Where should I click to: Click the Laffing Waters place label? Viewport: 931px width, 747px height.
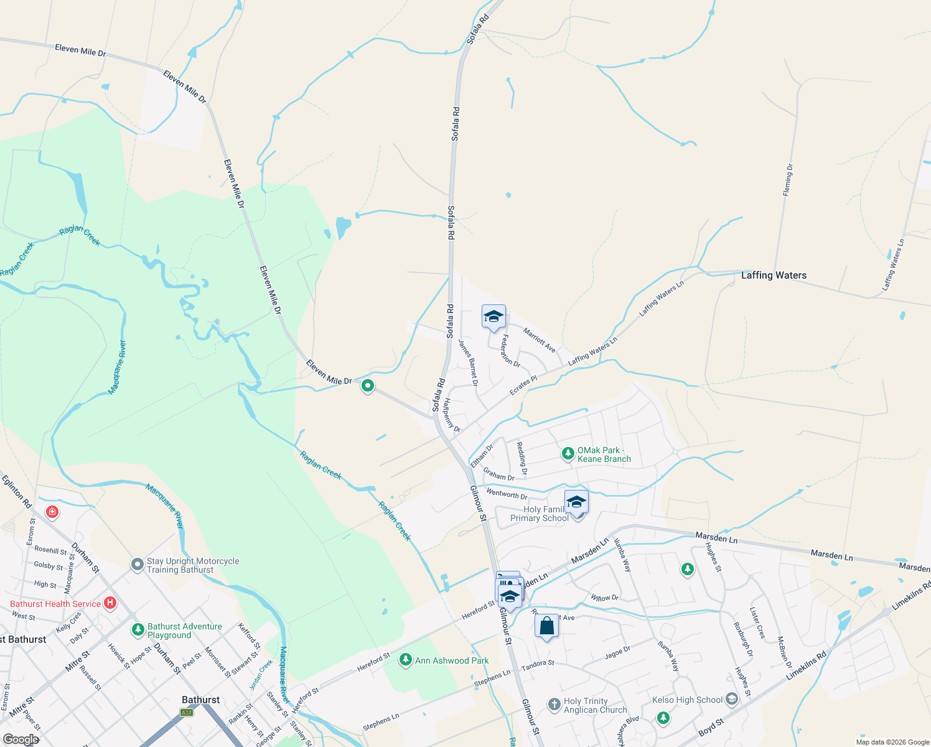pos(774,275)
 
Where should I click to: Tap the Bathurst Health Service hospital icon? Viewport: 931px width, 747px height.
pos(110,603)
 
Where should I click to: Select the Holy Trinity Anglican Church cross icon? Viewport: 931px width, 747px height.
pos(554,705)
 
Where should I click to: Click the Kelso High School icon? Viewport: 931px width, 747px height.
pos(731,700)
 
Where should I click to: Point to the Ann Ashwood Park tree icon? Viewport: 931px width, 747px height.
pos(406,659)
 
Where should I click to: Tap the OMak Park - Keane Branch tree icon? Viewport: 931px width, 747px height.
pos(568,454)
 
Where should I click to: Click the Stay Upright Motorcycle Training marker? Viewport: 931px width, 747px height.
pos(137,565)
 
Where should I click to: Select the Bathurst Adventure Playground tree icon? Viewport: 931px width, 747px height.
pos(138,630)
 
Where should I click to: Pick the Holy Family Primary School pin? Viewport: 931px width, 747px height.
pos(576,502)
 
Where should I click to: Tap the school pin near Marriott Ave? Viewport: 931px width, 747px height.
pos(494,316)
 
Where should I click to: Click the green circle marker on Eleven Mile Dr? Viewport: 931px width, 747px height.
pos(368,386)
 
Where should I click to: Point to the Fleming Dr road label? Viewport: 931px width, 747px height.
pos(788,181)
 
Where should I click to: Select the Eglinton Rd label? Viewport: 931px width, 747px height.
pos(16,492)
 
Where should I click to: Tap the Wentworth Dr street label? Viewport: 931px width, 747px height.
pos(507,494)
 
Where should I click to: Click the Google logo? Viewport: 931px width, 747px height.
pos(21,739)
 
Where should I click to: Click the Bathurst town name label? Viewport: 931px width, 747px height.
pos(200,700)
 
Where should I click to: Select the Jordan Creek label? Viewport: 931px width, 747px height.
pos(261,675)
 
